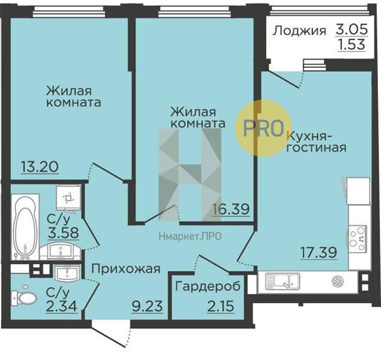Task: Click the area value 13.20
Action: coord(40,167)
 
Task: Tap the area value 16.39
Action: coord(231,209)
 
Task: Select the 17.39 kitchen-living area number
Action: coord(319,252)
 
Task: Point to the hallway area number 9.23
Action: coord(147,306)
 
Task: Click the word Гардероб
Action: coord(208,286)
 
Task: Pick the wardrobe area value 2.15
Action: coord(221,306)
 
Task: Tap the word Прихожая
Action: coord(126,269)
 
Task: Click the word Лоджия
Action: coord(299,31)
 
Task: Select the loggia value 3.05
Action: coord(352,29)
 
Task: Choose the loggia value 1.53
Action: coord(352,44)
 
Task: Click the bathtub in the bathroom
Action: coord(25,227)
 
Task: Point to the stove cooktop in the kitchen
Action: coord(357,238)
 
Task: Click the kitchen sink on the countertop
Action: coord(283,281)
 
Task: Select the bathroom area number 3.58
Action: coord(63,232)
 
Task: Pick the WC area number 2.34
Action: coord(62,306)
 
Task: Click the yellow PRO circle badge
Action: coord(263,128)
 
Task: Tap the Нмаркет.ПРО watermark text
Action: coord(190,236)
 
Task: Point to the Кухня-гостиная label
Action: coord(316,142)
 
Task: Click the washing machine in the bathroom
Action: coord(68,198)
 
